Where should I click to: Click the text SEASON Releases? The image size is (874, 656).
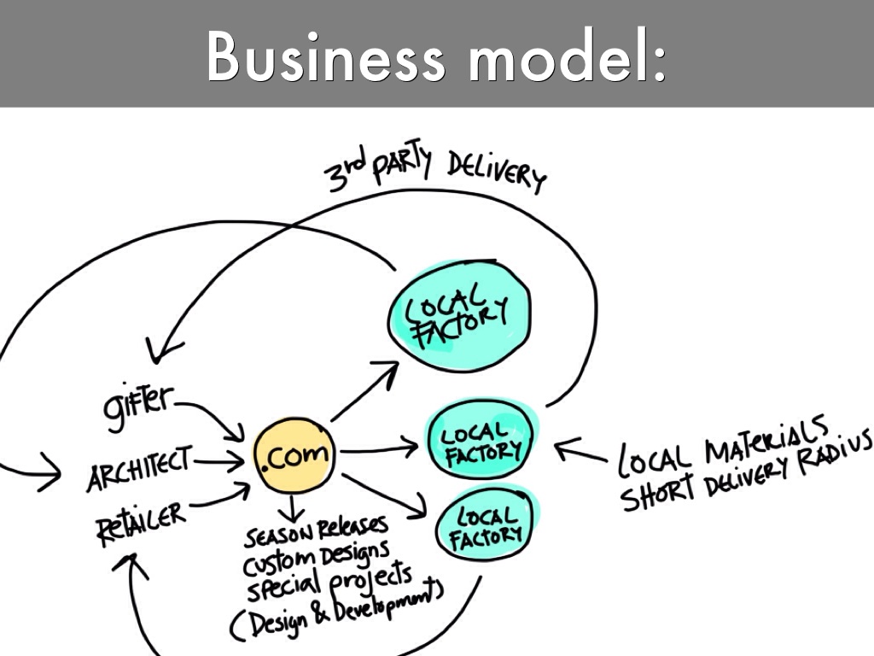(316, 533)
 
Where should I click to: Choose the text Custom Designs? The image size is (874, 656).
(317, 560)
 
